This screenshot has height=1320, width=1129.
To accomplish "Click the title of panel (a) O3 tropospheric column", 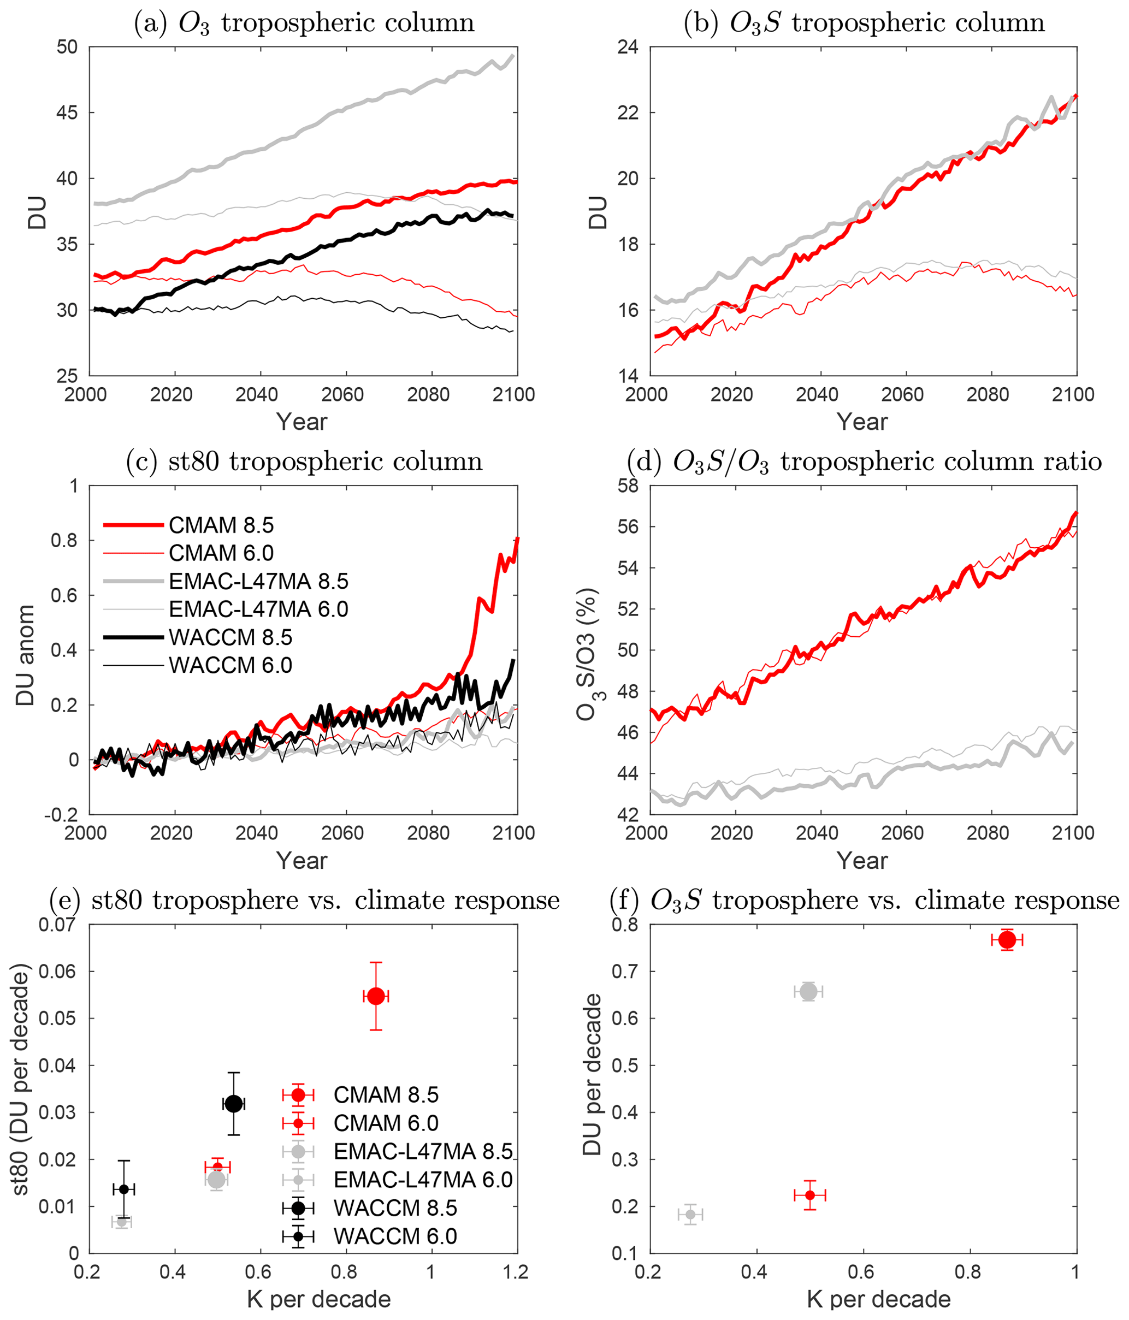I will tap(304, 23).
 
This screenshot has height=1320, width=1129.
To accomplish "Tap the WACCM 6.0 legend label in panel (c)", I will tap(230, 665).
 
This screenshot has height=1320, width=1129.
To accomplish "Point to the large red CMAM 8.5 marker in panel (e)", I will tap(376, 996).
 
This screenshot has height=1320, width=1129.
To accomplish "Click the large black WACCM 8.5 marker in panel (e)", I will tap(234, 1103).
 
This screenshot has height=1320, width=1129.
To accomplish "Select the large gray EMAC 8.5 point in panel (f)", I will tap(808, 991).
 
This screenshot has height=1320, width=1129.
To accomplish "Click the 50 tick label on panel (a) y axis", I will tap(66, 46).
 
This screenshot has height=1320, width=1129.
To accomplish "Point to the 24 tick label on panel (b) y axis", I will tap(627, 46).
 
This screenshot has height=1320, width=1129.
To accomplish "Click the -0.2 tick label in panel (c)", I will tap(61, 815).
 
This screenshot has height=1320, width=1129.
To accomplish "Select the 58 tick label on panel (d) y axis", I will tap(627, 486).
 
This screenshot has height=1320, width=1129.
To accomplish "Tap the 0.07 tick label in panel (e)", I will tap(57, 925).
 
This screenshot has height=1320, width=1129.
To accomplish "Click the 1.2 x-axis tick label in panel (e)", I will tap(515, 1271).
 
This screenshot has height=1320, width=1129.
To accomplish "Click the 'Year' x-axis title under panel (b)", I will tap(861, 422).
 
